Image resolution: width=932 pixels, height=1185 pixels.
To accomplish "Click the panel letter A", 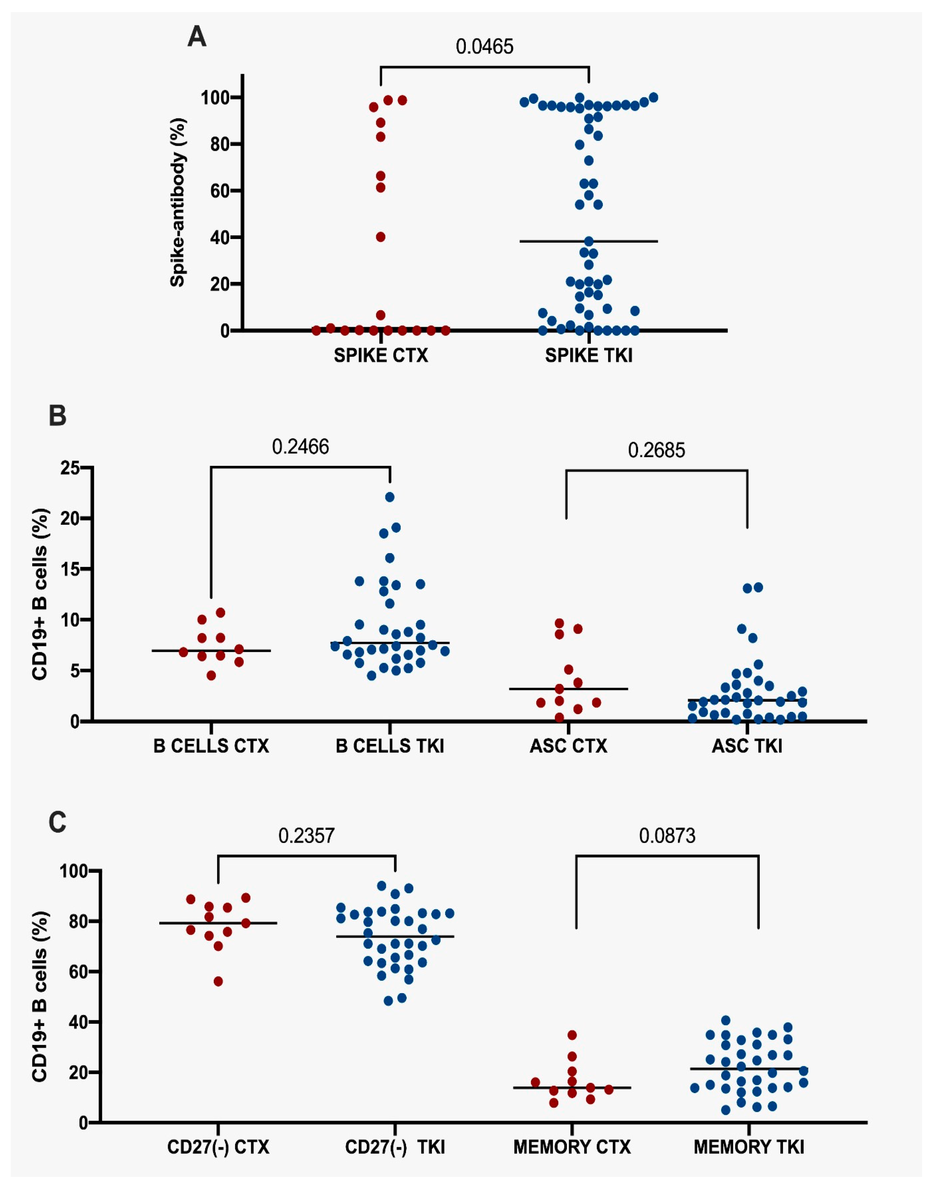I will [197, 37].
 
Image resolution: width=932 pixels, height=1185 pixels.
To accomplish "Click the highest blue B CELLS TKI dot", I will [390, 497].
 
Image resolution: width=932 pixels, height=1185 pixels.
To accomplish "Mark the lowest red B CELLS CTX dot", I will [211, 676].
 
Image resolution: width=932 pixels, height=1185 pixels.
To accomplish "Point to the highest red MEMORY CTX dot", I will [572, 1035].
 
